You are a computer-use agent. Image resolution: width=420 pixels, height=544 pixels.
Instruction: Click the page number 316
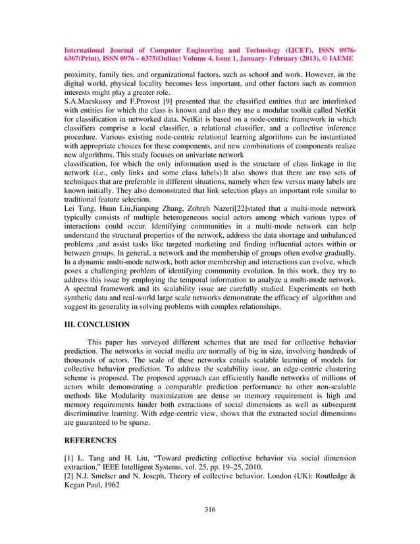click(x=210, y=510)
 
